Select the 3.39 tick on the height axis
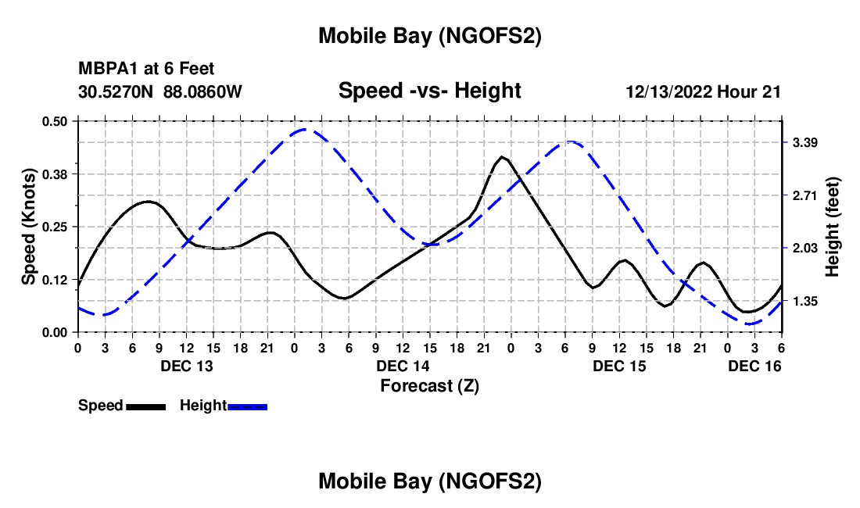(x=805, y=143)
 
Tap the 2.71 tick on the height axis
(x=805, y=195)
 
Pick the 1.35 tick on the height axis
(x=805, y=301)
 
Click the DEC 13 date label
(x=186, y=366)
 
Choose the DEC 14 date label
(x=403, y=366)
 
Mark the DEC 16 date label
(x=754, y=366)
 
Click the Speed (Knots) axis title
(x=29, y=227)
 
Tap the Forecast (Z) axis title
(x=429, y=385)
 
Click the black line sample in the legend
(x=145, y=406)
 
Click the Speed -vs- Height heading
(x=429, y=91)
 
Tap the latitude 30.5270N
(x=118, y=92)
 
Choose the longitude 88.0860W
(x=202, y=92)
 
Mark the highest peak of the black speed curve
(x=502, y=157)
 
